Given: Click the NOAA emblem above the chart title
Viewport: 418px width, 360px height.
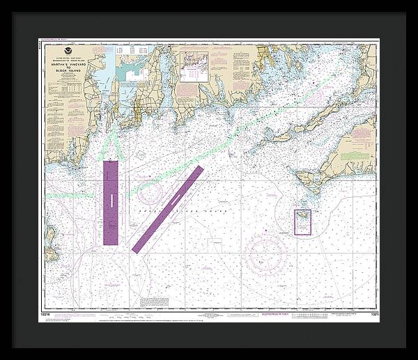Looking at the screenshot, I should point(66,52).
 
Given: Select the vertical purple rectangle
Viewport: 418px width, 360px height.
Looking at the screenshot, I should point(111,202).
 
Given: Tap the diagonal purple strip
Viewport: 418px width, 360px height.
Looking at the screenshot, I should point(167,208).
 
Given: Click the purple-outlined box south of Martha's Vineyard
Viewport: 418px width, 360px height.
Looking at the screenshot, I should point(303,222).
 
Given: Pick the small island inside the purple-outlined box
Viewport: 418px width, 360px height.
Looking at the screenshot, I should point(303,220).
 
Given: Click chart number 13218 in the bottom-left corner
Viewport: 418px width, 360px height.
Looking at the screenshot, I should point(45,314).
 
